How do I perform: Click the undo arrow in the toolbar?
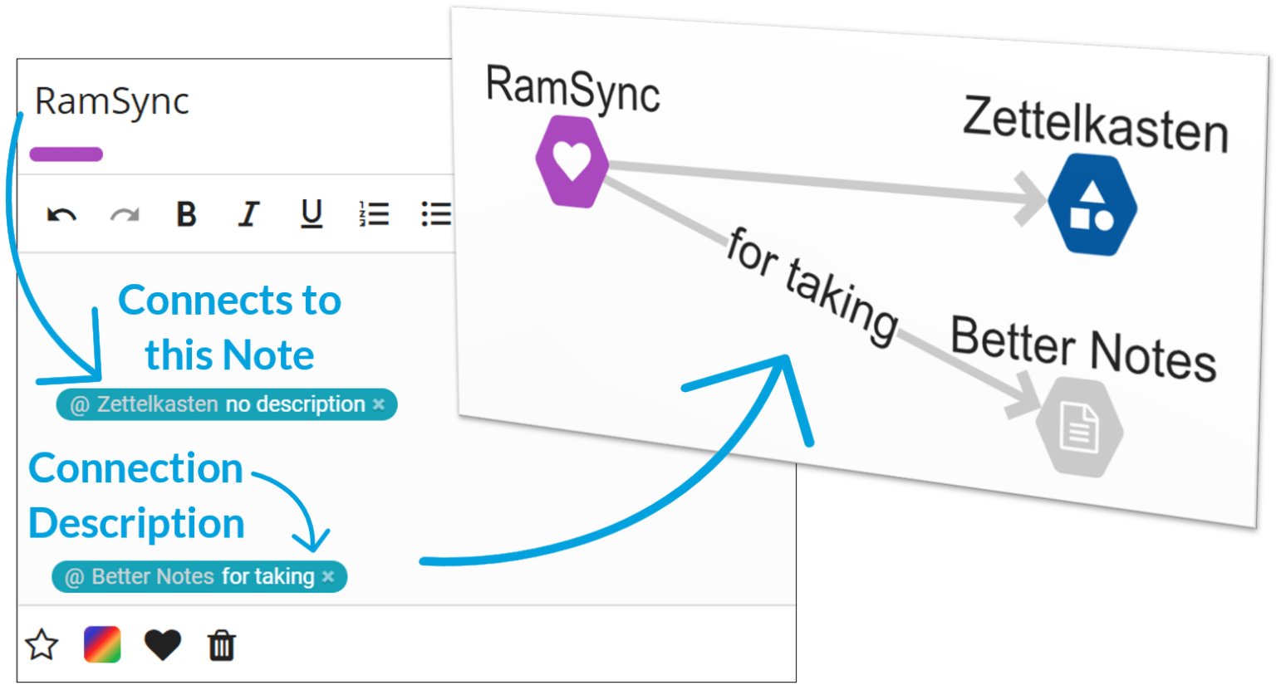(x=61, y=215)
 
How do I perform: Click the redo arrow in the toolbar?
(x=125, y=215)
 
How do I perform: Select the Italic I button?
(x=248, y=214)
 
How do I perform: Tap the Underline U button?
(x=312, y=214)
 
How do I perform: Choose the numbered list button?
(x=374, y=214)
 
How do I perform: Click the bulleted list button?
(x=436, y=214)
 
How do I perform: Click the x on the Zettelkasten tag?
(x=379, y=404)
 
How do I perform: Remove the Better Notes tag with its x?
(x=328, y=576)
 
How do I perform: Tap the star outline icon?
(x=42, y=644)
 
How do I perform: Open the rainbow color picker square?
(x=102, y=644)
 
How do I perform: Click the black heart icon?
(x=163, y=644)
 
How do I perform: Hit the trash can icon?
(x=222, y=644)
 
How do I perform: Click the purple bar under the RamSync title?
(x=66, y=154)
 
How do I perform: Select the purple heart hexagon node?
(x=572, y=161)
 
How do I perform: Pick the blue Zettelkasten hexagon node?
(x=1092, y=204)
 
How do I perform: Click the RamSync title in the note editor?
(x=112, y=101)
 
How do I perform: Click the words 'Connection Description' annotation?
(x=136, y=496)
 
